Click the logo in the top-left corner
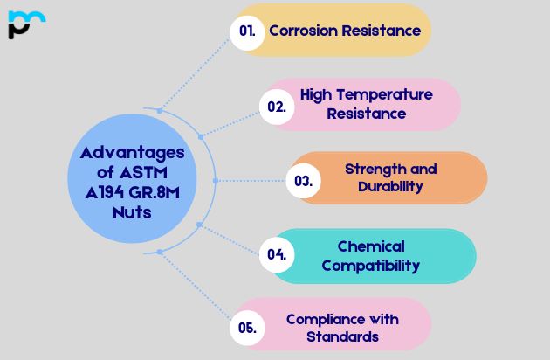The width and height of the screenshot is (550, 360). point(25,24)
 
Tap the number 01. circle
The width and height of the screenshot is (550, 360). point(247,31)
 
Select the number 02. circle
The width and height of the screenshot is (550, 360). point(277,106)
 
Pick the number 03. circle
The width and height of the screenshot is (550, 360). point(304,181)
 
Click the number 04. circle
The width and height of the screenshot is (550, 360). point(277,255)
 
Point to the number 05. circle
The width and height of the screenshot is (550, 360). point(247,328)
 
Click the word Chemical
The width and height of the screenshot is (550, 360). point(371,246)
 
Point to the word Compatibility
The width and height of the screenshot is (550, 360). point(371,265)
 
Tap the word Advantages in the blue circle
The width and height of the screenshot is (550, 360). point(132,152)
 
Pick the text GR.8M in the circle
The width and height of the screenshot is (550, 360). point(157,192)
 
